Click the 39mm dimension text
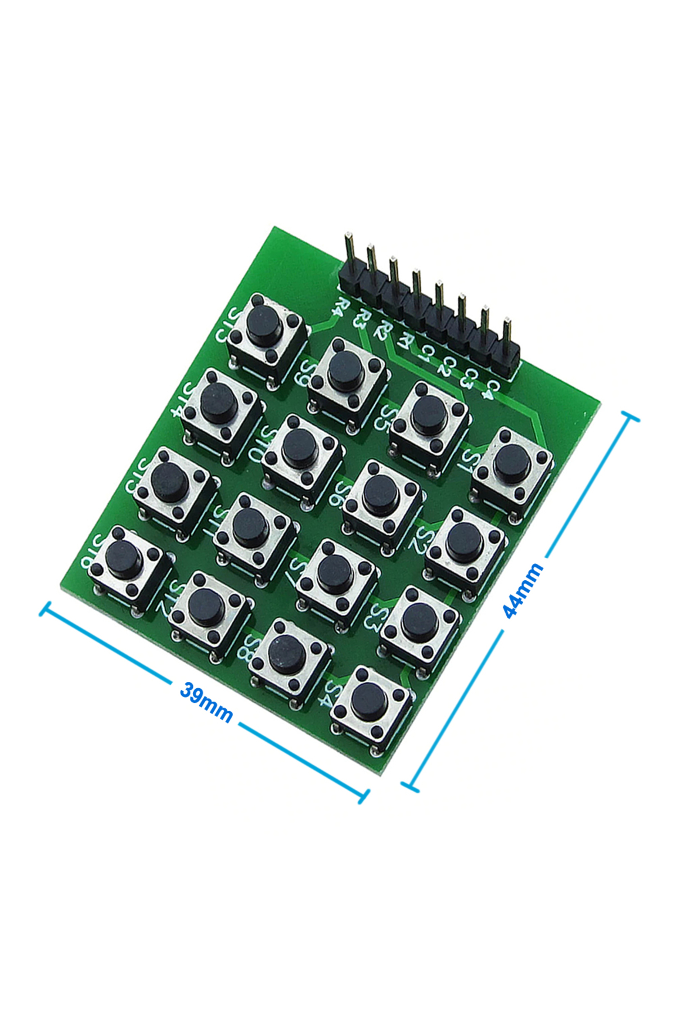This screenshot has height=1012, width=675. click(206, 701)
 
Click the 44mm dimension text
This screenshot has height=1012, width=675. click(523, 590)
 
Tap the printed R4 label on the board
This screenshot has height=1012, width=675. click(339, 306)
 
